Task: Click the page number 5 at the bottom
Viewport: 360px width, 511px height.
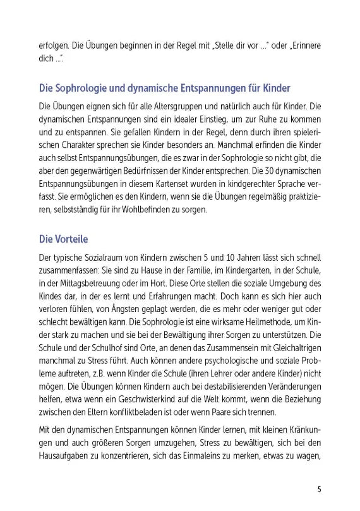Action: pyautogui.click(x=320, y=489)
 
